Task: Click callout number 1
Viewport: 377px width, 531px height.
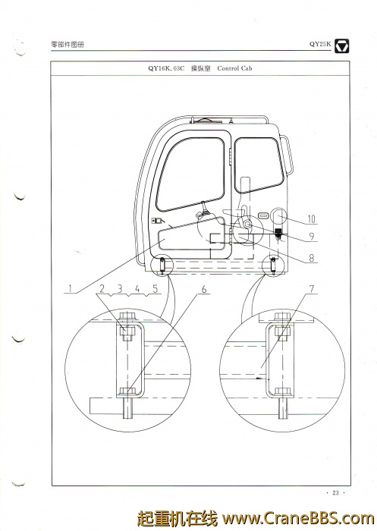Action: pyautogui.click(x=70, y=288)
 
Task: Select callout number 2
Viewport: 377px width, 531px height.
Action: pyautogui.click(x=102, y=288)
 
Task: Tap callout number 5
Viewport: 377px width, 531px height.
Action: pyautogui.click(x=156, y=288)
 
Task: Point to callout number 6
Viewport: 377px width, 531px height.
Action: pyautogui.click(x=204, y=289)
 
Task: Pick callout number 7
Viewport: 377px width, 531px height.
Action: pyautogui.click(x=312, y=289)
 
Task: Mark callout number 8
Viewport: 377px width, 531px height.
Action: pyautogui.click(x=311, y=258)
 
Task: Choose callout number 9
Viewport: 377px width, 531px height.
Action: pyautogui.click(x=312, y=237)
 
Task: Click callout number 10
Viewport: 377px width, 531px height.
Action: pyautogui.click(x=311, y=219)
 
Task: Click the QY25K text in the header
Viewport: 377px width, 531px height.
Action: pyautogui.click(x=320, y=44)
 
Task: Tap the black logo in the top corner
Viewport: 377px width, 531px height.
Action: pyautogui.click(x=342, y=46)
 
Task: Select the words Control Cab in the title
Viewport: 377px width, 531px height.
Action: pyautogui.click(x=234, y=68)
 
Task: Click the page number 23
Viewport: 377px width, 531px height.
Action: pyautogui.click(x=335, y=493)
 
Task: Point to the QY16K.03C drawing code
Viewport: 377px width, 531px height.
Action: pyautogui.click(x=166, y=68)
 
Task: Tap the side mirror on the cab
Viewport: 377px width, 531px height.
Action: pyautogui.click(x=286, y=154)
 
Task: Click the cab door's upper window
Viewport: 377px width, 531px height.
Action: pyautogui.click(x=190, y=174)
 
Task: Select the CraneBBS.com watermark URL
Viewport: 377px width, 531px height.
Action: pyautogui.click(x=298, y=518)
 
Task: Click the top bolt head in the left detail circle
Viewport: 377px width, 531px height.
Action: pyautogui.click(x=127, y=317)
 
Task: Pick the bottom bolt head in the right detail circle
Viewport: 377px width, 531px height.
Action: pyautogui.click(x=282, y=392)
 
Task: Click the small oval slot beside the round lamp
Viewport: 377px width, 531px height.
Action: pyautogui.click(x=263, y=215)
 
